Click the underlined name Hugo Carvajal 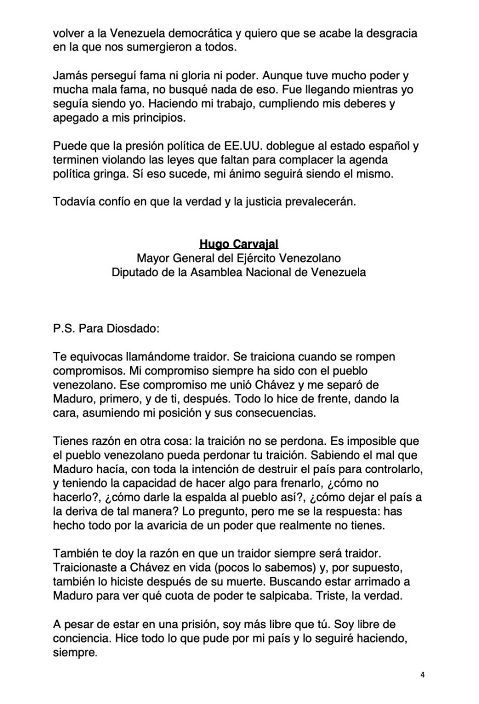pos(239,244)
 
